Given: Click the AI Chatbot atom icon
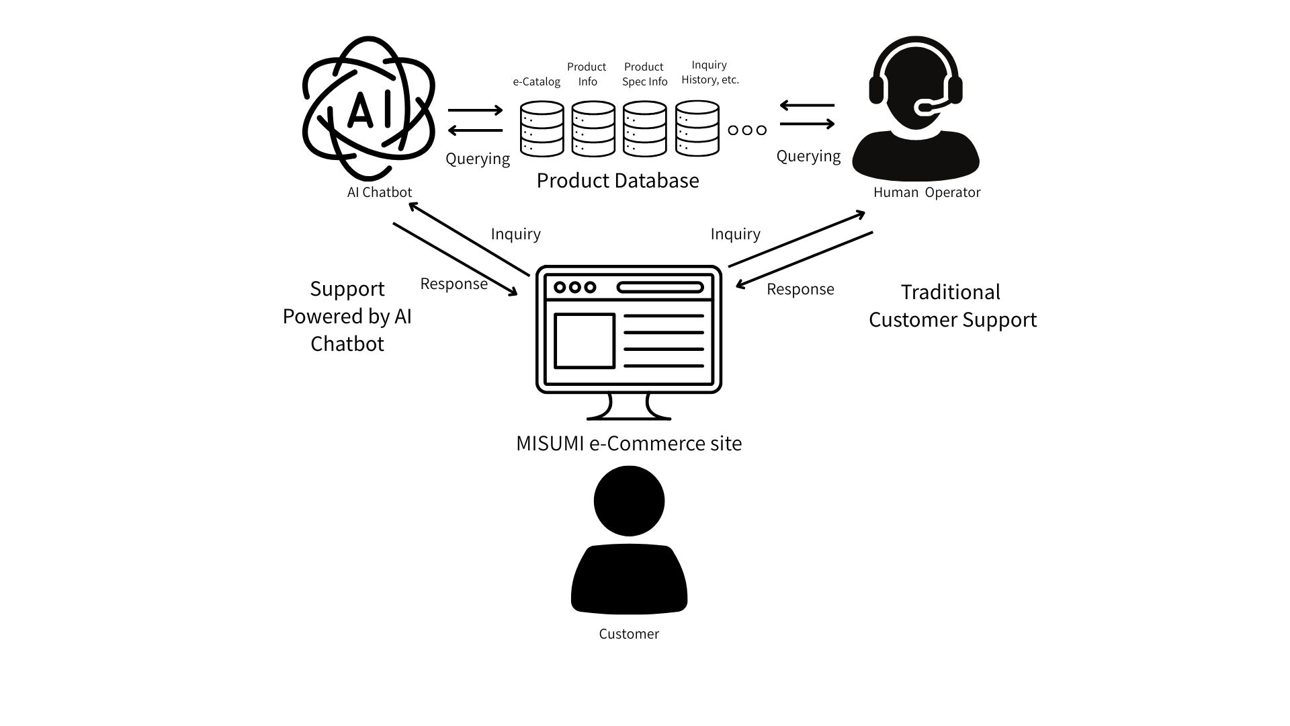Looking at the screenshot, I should pos(368,108).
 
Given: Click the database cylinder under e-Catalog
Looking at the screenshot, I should pos(542,128).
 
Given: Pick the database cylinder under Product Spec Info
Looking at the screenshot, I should pos(644,128).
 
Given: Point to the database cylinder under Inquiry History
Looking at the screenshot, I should pos(697,128).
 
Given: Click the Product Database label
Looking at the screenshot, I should pos(617,180).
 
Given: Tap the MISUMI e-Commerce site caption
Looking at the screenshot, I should pos(628,444).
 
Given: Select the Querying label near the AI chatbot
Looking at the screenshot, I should pos(478,159).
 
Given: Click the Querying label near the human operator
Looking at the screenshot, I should pos(808,156).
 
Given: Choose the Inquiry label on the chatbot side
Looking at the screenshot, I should pos(515,234).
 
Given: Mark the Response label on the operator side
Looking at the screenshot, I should pos(800,289).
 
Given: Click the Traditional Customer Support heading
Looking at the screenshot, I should pos(952,306).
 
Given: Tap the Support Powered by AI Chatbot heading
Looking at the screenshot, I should pos(347,316).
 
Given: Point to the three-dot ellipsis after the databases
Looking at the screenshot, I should pos(747,130).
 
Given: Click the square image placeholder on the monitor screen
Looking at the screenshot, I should pos(584,341).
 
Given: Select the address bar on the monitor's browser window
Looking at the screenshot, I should pos(660,288).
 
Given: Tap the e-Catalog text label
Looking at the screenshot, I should pos(536,82).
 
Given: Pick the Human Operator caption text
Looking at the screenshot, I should pos(927,192).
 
